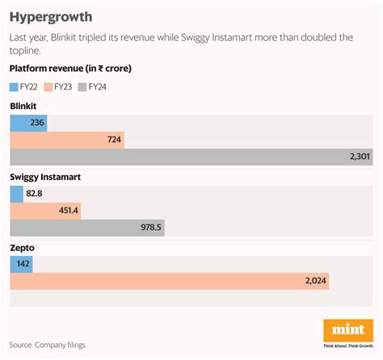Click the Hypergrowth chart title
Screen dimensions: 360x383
50,16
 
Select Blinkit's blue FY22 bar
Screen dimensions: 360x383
27,123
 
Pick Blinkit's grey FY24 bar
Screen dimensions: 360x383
191,158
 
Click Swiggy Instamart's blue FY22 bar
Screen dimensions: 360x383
16,194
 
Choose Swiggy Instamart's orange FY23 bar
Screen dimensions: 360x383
46,211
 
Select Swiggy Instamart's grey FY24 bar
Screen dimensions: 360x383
86,228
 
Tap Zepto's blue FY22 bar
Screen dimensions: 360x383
21,264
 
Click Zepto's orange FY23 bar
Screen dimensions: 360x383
169,281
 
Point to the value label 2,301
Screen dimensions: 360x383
359,158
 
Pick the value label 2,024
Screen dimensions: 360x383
315,281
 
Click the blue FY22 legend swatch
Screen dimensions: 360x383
15,86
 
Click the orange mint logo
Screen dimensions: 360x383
347,330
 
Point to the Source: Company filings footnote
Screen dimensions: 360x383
48,345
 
